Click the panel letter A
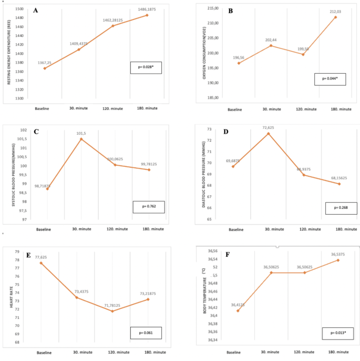[x=36, y=10]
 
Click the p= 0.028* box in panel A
[x=146, y=67]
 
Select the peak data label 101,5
[x=81, y=133]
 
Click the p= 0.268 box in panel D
[x=341, y=208]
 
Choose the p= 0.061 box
[x=146, y=333]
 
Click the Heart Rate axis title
[x=7, y=297]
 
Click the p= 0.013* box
[x=337, y=333]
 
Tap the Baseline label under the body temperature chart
[x=234, y=353]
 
